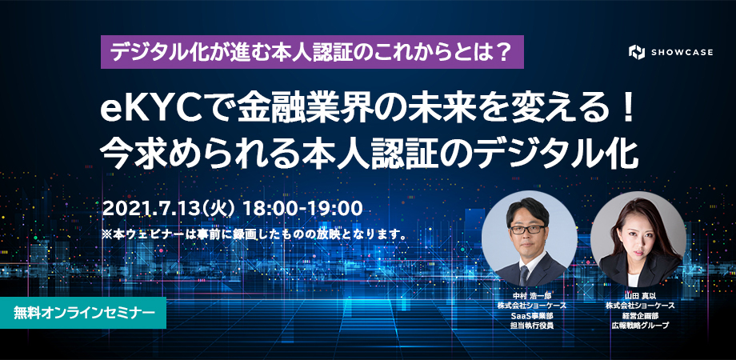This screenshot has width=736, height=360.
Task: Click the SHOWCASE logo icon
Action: (x=637, y=52)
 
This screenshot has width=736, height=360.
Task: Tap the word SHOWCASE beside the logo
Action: (x=682, y=52)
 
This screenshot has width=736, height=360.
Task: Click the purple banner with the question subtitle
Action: (x=312, y=52)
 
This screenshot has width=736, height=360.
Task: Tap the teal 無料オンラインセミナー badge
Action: (x=83, y=313)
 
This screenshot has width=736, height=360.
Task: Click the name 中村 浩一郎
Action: (x=532, y=296)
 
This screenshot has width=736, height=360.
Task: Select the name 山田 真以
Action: (x=640, y=296)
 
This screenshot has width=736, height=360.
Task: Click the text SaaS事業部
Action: (x=532, y=315)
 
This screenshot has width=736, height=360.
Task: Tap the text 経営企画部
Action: (x=640, y=315)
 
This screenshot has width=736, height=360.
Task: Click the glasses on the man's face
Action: (x=527, y=230)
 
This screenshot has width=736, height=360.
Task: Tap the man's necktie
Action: (x=524, y=275)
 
